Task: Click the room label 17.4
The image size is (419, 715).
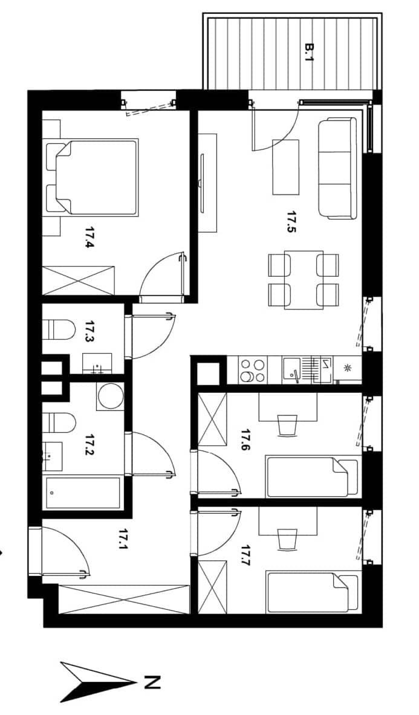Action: click(89, 238)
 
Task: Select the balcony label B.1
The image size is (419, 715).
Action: click(310, 53)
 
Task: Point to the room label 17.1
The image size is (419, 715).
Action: click(122, 539)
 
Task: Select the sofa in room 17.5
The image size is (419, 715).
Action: click(337, 168)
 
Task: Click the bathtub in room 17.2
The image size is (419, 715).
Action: click(82, 493)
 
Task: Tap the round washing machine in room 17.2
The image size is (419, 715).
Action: click(110, 395)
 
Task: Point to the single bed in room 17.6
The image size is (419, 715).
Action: click(313, 477)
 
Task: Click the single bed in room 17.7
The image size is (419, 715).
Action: click(313, 592)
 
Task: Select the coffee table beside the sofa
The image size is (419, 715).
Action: click(286, 167)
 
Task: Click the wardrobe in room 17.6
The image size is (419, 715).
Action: click(212, 419)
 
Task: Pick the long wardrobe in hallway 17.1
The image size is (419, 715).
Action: click(124, 598)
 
